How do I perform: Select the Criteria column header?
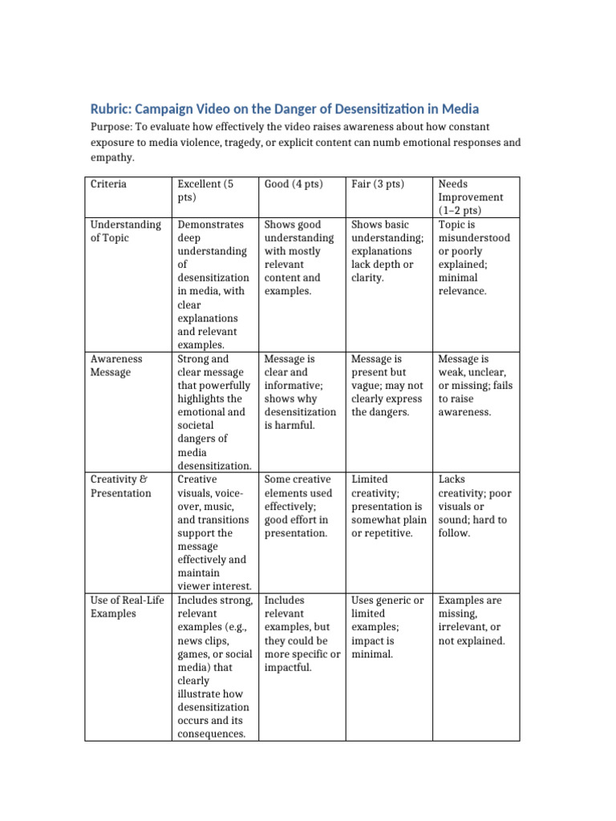point(108,184)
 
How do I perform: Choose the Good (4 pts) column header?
point(294,184)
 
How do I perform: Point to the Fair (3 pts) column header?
point(378,184)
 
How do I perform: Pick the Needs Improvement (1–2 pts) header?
point(471,197)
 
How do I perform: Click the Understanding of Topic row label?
point(126,231)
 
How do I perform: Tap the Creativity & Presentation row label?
point(120,486)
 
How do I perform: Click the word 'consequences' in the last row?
point(211,734)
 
